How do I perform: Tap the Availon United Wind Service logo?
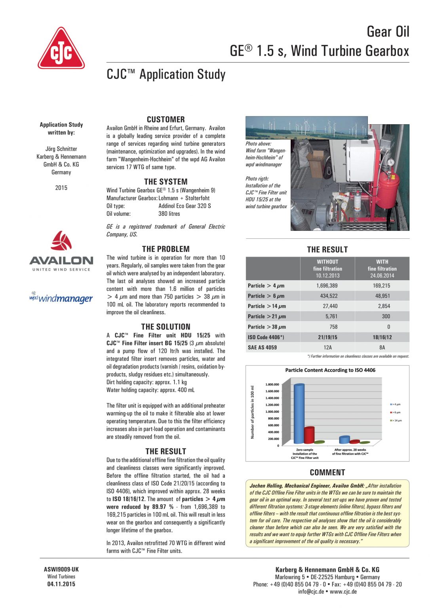pyautogui.click(x=61, y=252)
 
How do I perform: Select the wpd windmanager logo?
pyautogui.click(x=61, y=298)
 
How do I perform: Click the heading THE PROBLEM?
pyautogui.click(x=166, y=249)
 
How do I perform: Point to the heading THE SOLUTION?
pyautogui.click(x=166, y=327)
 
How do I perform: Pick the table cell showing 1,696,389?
pyautogui.click(x=327, y=285)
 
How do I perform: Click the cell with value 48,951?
pyautogui.click(x=382, y=296)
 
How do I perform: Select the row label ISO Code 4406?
pyautogui.click(x=266, y=337)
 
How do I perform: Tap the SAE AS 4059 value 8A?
pyautogui.click(x=382, y=348)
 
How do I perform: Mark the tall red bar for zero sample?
pyautogui.click(x=309, y=435)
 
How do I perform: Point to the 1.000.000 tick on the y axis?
pyautogui.click(x=272, y=412)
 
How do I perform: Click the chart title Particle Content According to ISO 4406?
pyautogui.click(x=330, y=370)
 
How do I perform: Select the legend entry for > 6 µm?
pyautogui.click(x=396, y=412)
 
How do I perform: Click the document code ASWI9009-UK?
pyautogui.click(x=61, y=569)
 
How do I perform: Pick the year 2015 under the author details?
pyautogui.click(x=61, y=188)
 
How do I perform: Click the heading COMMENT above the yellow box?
pyautogui.click(x=327, y=472)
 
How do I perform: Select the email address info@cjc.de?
pyautogui.click(x=311, y=591)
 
